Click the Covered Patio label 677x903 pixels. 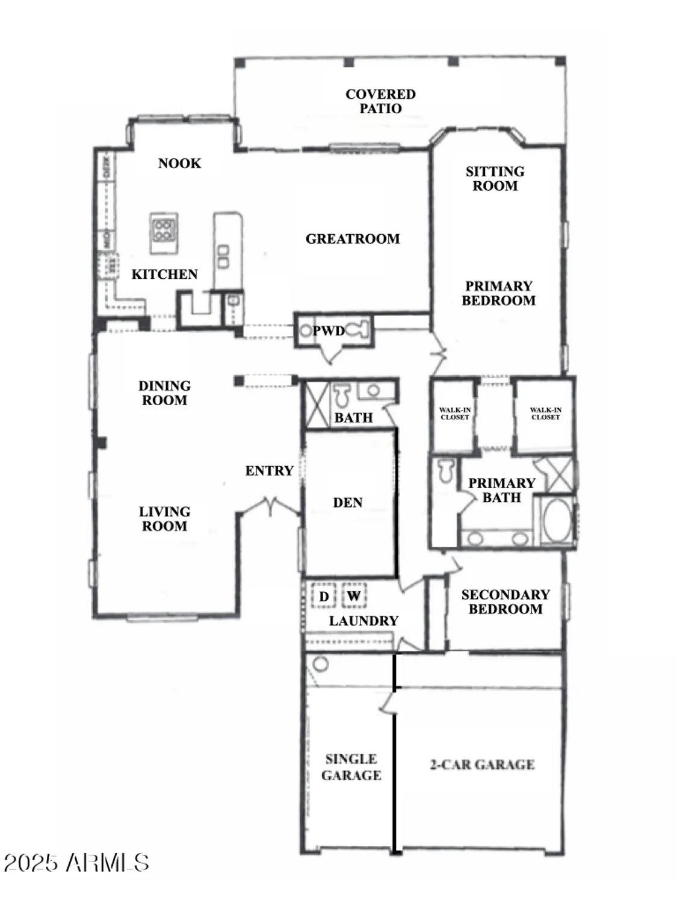(x=380, y=101)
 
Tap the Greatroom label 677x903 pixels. (x=353, y=239)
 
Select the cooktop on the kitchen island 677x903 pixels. (x=164, y=229)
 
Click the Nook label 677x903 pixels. (x=179, y=163)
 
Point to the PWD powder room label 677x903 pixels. (x=329, y=331)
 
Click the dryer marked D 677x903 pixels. (x=324, y=597)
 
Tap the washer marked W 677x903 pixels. (x=354, y=597)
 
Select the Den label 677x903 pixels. (x=348, y=503)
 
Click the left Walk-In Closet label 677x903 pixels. (x=455, y=414)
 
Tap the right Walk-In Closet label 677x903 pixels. (x=545, y=414)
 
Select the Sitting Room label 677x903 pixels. (x=495, y=179)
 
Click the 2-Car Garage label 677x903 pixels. (x=482, y=765)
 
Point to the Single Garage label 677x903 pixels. (x=351, y=768)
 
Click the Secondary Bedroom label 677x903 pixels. (x=505, y=602)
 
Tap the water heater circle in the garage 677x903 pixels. (x=321, y=665)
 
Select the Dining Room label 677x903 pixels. (x=164, y=393)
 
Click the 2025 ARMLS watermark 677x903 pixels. (x=76, y=863)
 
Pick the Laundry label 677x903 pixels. (x=363, y=621)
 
